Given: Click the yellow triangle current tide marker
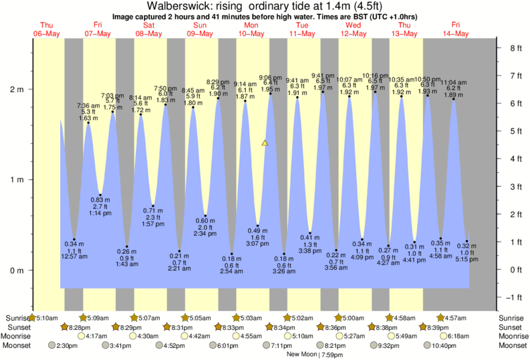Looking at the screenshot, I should pyautogui.click(x=265, y=143).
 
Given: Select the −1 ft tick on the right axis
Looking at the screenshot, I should pyautogui.click(x=513, y=297).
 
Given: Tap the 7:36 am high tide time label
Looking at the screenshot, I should pyautogui.click(x=88, y=106).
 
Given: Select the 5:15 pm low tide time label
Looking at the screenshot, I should pyautogui.click(x=467, y=259).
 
